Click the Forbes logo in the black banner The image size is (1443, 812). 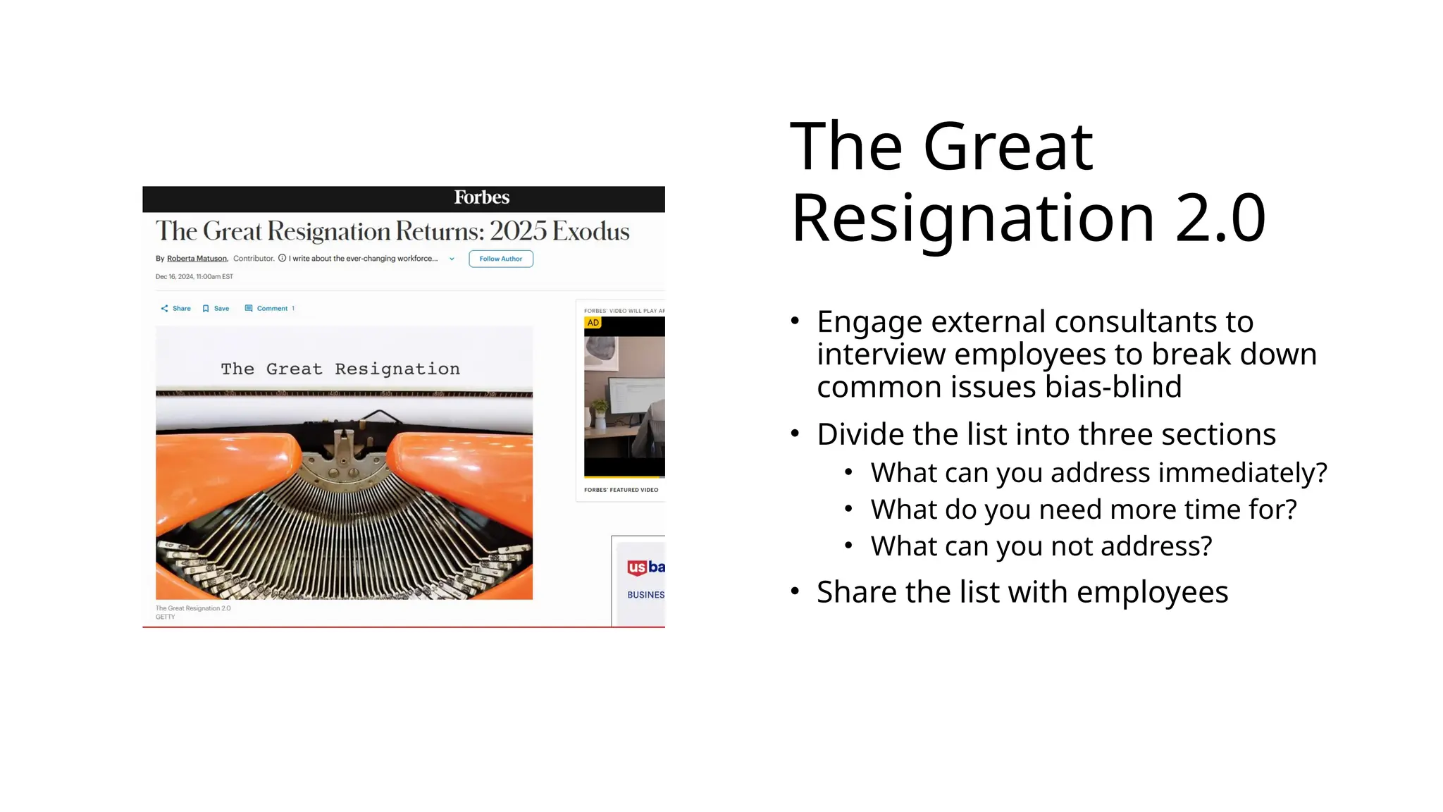pyautogui.click(x=481, y=198)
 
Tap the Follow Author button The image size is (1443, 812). pyautogui.click(x=500, y=259)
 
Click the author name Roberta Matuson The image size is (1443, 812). pyautogui.click(x=197, y=259)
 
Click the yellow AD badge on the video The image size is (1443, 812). pyautogui.click(x=593, y=323)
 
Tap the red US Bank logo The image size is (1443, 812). pyautogui.click(x=637, y=567)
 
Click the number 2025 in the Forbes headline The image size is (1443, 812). pyautogui.click(x=518, y=232)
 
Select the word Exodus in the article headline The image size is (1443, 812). pyautogui.click(x=590, y=232)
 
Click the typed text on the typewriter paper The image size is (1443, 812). pyautogui.click(x=340, y=369)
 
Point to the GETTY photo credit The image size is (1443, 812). pyautogui.click(x=165, y=617)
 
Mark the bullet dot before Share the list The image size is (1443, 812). pyautogui.click(x=795, y=591)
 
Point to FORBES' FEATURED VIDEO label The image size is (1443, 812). pyautogui.click(x=621, y=490)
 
